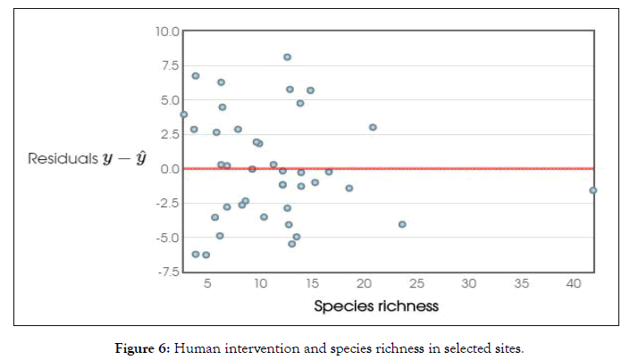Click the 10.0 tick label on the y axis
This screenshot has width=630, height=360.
coord(168,31)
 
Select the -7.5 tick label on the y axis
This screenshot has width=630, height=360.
coord(168,272)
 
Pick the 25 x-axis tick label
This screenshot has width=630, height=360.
coord(416,285)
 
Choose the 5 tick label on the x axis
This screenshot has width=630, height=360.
coord(208,285)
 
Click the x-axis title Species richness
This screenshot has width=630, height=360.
coord(376,306)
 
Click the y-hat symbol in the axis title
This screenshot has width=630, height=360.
coord(139,160)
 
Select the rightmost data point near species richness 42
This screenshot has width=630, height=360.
coord(592,190)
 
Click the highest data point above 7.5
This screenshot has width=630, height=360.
coord(287,57)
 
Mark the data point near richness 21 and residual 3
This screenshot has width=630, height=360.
coord(373,127)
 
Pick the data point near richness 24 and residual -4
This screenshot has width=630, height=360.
coord(402,224)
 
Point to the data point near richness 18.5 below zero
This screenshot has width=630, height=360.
coord(349,188)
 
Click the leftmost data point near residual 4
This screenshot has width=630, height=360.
coord(183,114)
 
